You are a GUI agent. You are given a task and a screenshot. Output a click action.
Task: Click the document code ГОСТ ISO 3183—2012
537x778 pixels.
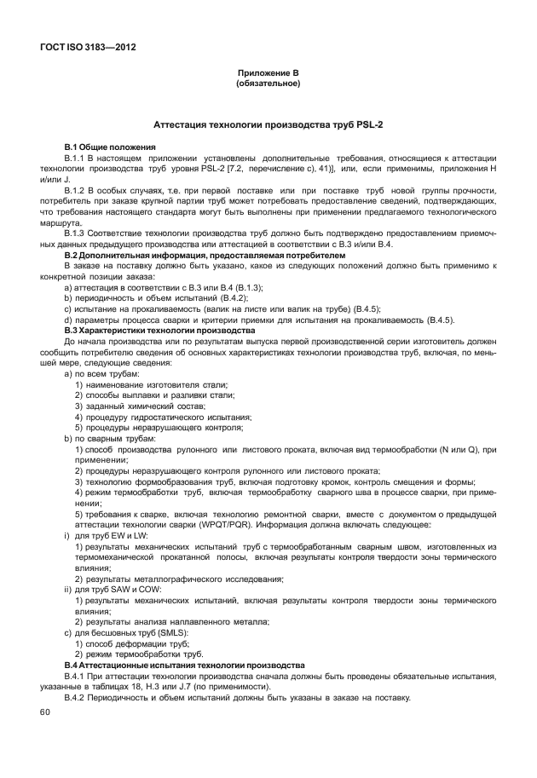point(87,47)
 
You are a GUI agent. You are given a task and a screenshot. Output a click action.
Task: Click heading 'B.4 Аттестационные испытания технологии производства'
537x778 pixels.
point(184,664)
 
